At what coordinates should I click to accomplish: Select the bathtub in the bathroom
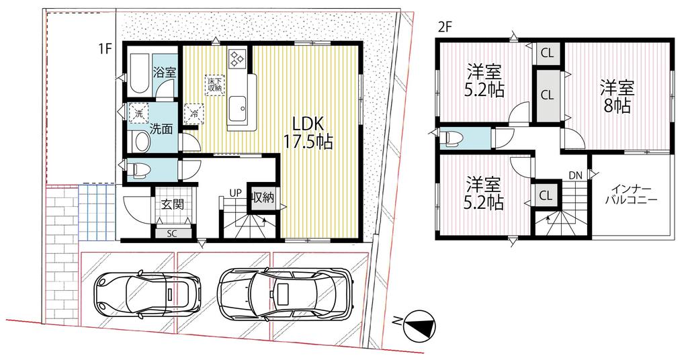(x=140, y=73)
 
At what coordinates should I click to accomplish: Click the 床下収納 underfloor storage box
(x=215, y=84)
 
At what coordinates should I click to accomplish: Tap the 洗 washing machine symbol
(x=138, y=114)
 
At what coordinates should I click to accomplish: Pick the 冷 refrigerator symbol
(x=193, y=114)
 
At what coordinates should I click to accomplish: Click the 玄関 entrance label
(x=173, y=204)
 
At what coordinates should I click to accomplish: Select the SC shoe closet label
(x=171, y=234)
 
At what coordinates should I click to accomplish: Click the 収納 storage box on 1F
(x=263, y=197)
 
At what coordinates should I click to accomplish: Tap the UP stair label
(x=236, y=193)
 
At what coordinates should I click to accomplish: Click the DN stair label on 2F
(x=575, y=175)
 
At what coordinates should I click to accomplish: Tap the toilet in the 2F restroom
(x=451, y=138)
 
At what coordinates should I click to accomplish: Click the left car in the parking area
(x=147, y=291)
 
